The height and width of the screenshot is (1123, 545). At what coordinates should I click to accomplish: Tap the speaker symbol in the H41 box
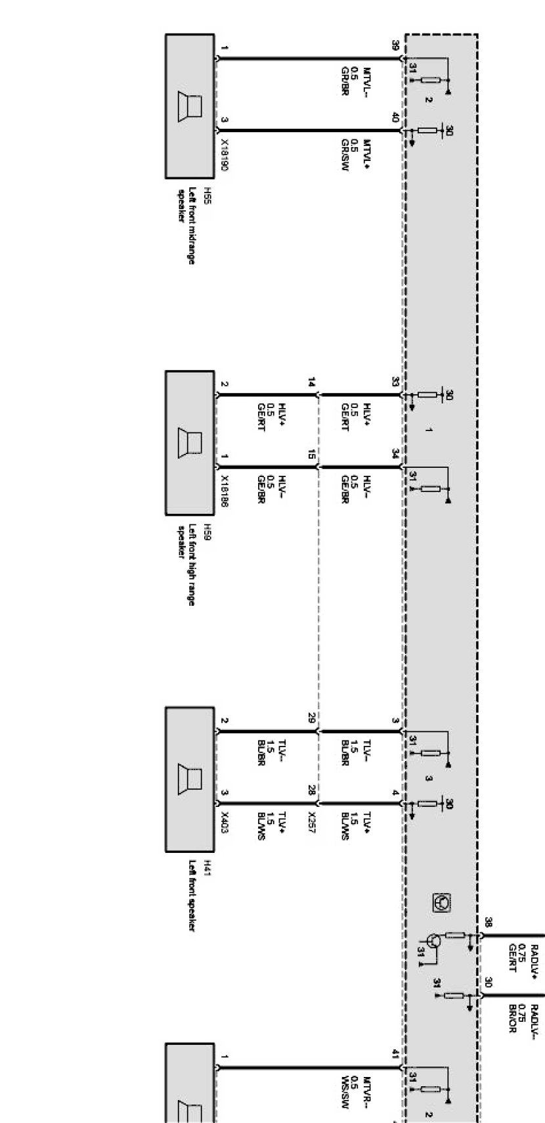point(190,779)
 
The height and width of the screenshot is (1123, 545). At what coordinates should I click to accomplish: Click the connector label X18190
point(225,155)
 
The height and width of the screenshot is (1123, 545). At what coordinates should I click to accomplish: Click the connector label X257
point(312,821)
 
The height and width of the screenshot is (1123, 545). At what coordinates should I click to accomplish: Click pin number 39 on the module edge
point(395,45)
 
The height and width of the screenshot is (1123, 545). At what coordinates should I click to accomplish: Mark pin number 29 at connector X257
point(312,718)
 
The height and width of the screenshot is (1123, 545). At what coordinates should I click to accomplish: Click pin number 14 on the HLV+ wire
point(312,382)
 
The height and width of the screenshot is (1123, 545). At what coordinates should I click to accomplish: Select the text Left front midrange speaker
point(186,226)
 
